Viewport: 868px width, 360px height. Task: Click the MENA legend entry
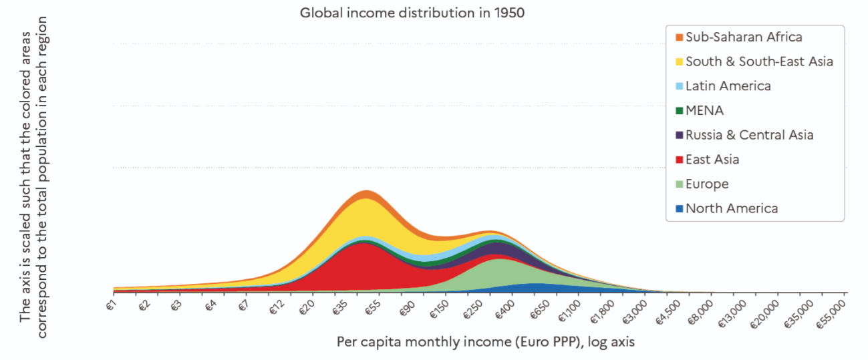[x=704, y=111]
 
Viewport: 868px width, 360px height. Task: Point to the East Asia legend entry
[x=712, y=160]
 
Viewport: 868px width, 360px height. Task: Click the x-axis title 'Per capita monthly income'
[x=485, y=341]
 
